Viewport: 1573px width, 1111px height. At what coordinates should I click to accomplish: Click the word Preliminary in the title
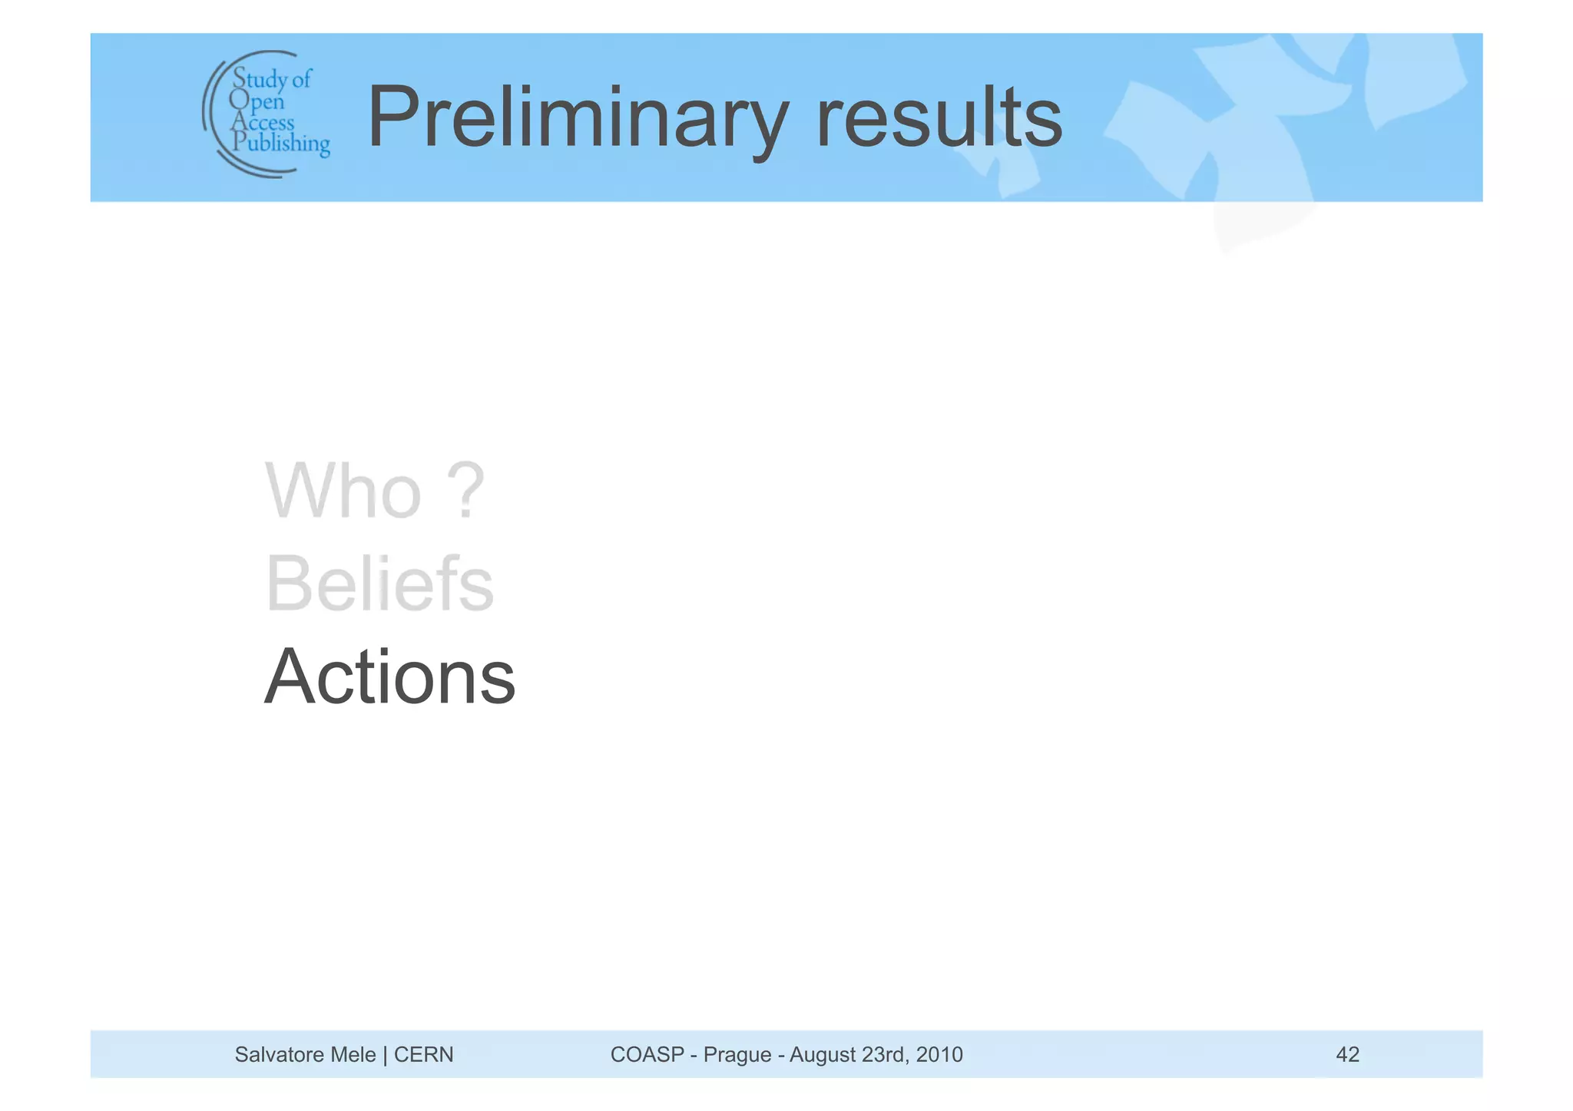(x=577, y=118)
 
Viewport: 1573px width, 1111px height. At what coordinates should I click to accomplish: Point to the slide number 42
(x=1347, y=1054)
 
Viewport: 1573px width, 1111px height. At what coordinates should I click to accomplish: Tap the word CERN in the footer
(x=423, y=1054)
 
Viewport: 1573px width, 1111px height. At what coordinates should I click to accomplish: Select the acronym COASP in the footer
(x=647, y=1054)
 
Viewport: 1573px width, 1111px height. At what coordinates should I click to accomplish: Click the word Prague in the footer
(x=737, y=1055)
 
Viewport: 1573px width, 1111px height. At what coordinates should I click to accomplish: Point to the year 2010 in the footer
(x=939, y=1054)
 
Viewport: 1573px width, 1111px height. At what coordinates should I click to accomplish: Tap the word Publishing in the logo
(x=281, y=144)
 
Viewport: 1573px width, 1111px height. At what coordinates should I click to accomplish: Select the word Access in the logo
(x=263, y=122)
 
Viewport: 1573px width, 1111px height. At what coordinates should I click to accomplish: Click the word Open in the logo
(x=257, y=101)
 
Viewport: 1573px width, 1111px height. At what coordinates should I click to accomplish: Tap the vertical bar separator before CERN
(x=385, y=1055)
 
